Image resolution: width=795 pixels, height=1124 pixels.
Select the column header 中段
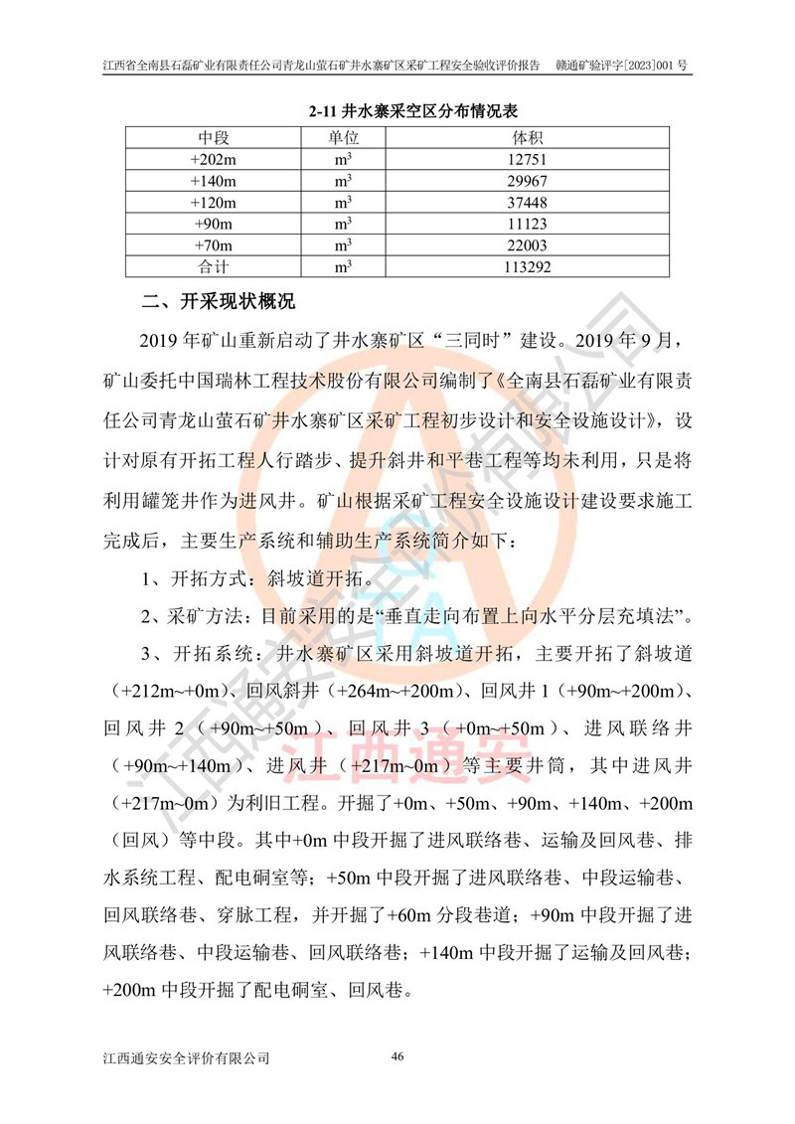tap(214, 137)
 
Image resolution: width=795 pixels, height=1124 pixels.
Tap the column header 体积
tap(527, 137)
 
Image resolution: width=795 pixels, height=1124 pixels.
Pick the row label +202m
tap(214, 159)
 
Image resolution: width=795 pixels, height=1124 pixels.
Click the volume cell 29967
tap(527, 181)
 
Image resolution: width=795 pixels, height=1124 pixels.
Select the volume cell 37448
tap(527, 203)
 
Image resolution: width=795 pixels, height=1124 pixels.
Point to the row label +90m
tap(214, 224)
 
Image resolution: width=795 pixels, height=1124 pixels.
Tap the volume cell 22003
tap(527, 245)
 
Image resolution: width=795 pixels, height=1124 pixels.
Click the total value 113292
tap(527, 267)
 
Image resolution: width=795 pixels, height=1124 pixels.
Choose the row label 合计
tap(214, 267)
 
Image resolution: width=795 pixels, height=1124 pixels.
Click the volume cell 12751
tap(527, 159)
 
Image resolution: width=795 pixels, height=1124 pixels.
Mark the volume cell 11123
tap(527, 224)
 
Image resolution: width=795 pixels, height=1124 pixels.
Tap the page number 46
tap(397, 1055)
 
